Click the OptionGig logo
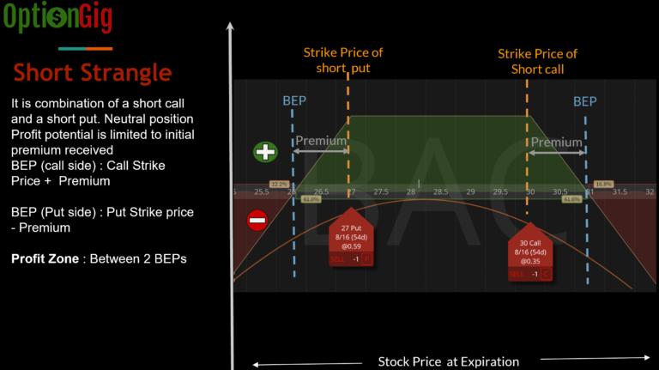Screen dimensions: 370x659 tap(57, 18)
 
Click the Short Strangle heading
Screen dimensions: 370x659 tap(93, 72)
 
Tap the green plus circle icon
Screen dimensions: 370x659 tap(265, 152)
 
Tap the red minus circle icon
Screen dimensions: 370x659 tap(257, 221)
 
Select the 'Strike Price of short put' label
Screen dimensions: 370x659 tap(342, 60)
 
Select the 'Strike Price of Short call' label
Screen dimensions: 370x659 tap(537, 61)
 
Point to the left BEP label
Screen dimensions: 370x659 tap(294, 101)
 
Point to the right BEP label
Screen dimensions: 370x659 tap(584, 101)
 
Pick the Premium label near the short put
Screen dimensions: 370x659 tap(321, 141)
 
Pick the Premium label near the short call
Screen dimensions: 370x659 tap(556, 142)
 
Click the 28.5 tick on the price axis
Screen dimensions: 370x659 tap(441, 191)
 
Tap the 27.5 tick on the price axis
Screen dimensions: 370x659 tap(381, 191)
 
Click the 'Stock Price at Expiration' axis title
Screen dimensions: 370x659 tap(448, 361)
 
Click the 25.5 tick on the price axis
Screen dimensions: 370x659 tap(261, 191)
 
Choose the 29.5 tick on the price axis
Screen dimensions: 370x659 tap(500, 191)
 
